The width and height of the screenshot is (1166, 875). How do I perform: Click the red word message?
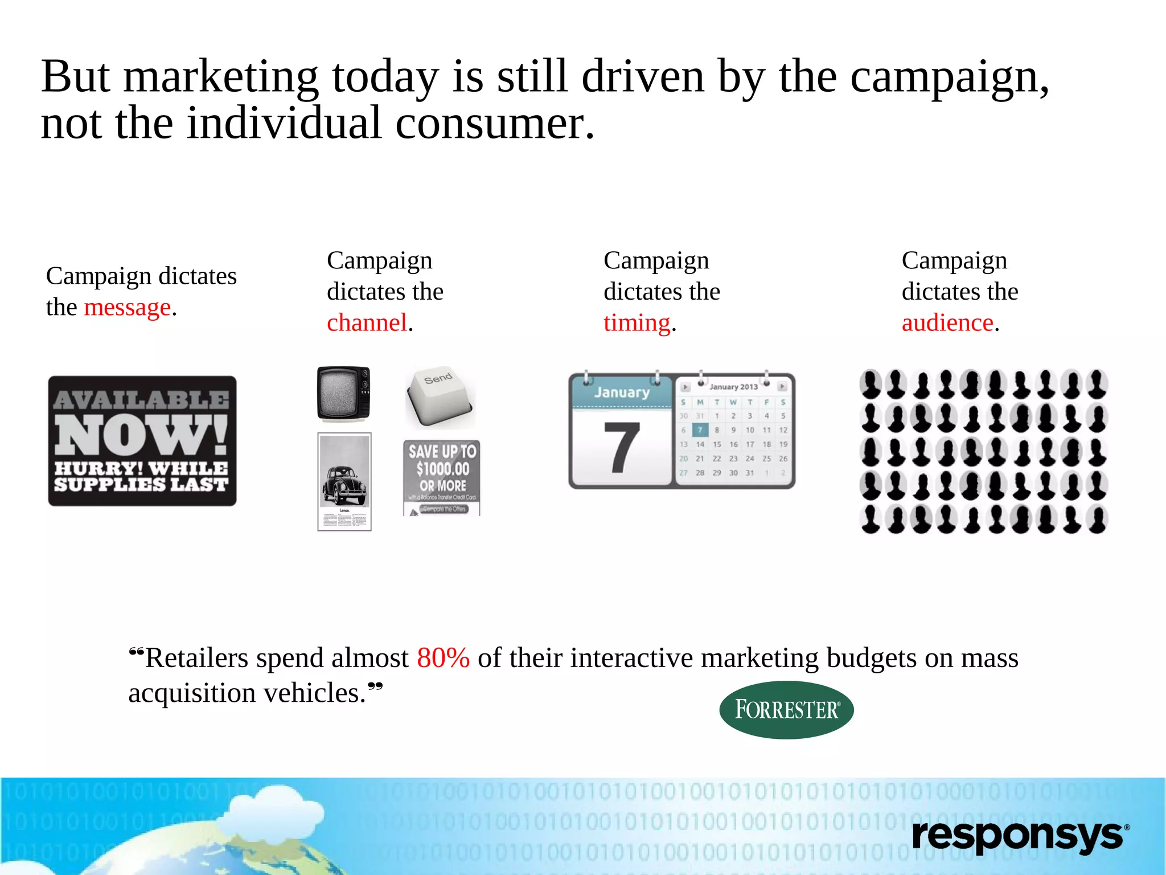pyautogui.click(x=127, y=308)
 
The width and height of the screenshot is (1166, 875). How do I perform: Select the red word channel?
pyautogui.click(x=367, y=323)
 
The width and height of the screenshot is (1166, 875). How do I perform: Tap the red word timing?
pyautogui.click(x=637, y=323)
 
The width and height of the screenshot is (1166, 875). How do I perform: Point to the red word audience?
pyautogui.click(x=947, y=323)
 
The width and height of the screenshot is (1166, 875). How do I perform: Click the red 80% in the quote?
pyautogui.click(x=443, y=658)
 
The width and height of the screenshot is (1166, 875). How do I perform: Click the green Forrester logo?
pyautogui.click(x=786, y=710)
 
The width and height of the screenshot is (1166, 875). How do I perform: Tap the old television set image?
pyautogui.click(x=344, y=394)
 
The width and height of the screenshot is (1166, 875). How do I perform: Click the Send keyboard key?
pyautogui.click(x=439, y=396)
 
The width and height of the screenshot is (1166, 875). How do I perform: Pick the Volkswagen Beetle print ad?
pyautogui.click(x=344, y=481)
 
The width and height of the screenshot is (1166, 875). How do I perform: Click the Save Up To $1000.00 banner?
pyautogui.click(x=442, y=477)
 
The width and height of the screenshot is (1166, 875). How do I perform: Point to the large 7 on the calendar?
pyautogui.click(x=621, y=448)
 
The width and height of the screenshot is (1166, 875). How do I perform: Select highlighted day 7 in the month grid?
pyautogui.click(x=700, y=430)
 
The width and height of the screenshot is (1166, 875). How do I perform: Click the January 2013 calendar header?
pyautogui.click(x=733, y=387)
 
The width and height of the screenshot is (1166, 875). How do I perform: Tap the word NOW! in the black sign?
pyautogui.click(x=141, y=434)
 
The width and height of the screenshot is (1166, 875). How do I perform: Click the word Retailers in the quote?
pyautogui.click(x=196, y=658)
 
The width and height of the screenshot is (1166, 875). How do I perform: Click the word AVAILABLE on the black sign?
pyautogui.click(x=141, y=399)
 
